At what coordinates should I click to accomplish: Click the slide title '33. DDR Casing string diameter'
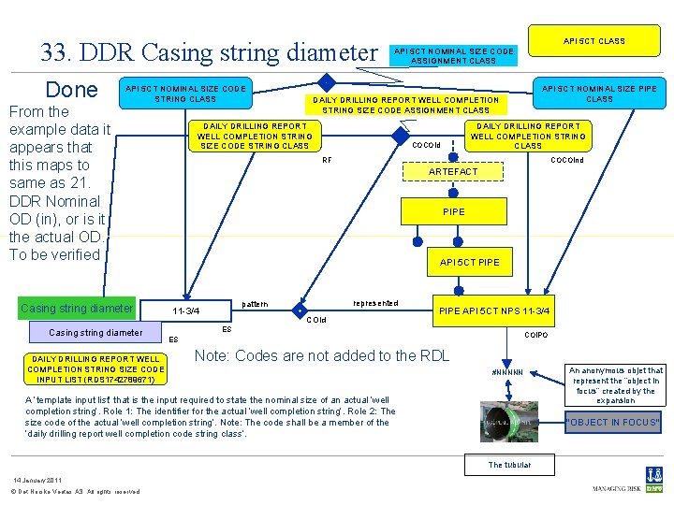pyautogui.click(x=207, y=52)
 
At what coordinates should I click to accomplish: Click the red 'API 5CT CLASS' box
pyautogui.click(x=593, y=41)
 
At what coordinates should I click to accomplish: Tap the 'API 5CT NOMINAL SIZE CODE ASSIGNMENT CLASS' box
pyautogui.click(x=454, y=56)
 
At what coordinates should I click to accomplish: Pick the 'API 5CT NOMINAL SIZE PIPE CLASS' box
pyautogui.click(x=599, y=94)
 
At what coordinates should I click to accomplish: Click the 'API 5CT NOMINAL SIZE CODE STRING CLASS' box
pyautogui.click(x=185, y=94)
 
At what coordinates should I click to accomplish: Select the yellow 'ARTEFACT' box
pyautogui.click(x=453, y=172)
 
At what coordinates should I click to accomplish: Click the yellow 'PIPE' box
pyautogui.click(x=453, y=212)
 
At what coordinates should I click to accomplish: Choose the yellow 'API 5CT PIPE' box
pyautogui.click(x=470, y=262)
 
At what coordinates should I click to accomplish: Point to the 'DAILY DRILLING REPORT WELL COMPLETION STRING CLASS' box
pyautogui.click(x=528, y=136)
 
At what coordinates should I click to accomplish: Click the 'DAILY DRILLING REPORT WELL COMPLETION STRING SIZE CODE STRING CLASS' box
pyautogui.click(x=254, y=136)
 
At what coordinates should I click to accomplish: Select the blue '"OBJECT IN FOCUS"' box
pyautogui.click(x=614, y=422)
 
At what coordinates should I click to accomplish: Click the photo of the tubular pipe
pyautogui.click(x=508, y=422)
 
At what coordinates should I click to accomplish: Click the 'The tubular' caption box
pyautogui.click(x=509, y=465)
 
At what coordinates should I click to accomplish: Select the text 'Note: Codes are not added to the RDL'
pyautogui.click(x=321, y=355)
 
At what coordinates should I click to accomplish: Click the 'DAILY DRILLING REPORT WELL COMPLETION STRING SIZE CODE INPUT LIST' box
pyautogui.click(x=96, y=369)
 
